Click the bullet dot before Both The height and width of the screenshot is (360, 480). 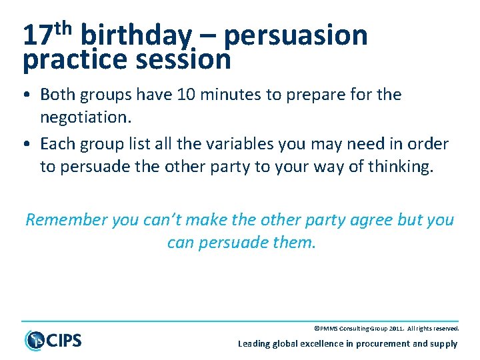click(x=31, y=95)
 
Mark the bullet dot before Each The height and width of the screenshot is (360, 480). click(x=31, y=144)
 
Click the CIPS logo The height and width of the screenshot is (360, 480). click(x=53, y=339)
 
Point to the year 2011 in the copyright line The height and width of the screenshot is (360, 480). click(x=393, y=329)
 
